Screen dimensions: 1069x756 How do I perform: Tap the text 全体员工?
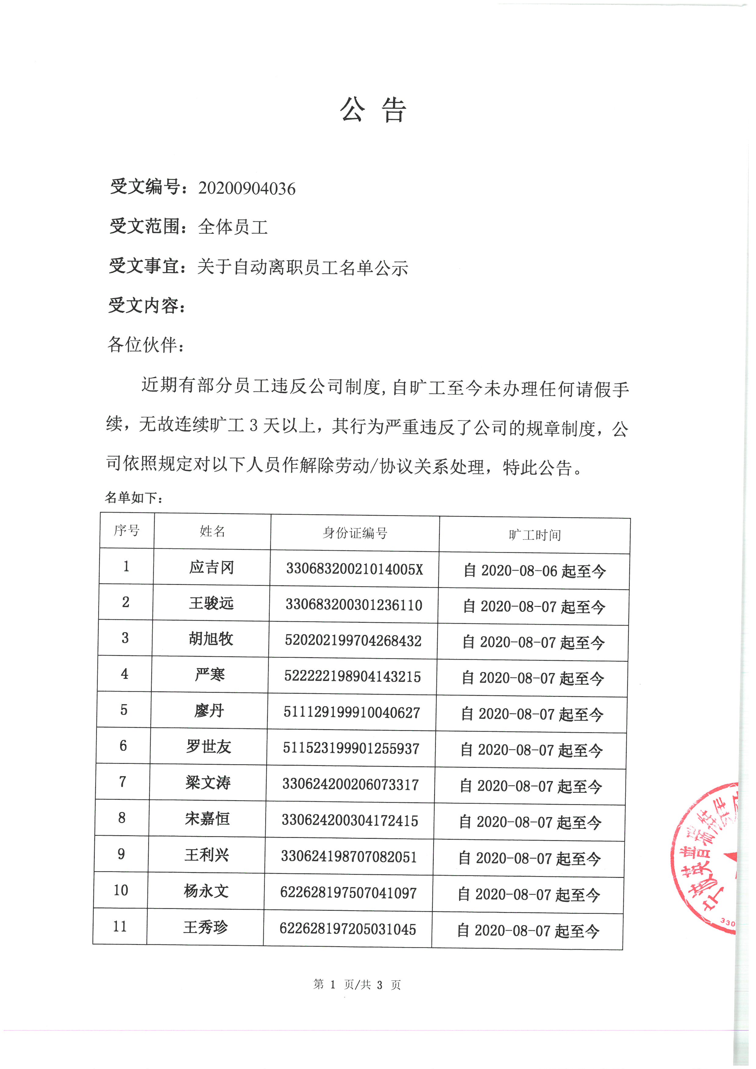click(x=233, y=227)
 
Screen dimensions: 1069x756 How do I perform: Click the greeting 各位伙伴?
click(x=145, y=345)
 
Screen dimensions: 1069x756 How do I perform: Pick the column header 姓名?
click(x=212, y=531)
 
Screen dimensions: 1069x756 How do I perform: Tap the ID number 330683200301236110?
click(x=354, y=605)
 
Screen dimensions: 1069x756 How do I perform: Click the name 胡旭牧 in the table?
click(x=211, y=639)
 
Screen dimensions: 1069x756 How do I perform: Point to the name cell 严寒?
click(x=210, y=675)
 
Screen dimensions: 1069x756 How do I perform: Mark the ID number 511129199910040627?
click(x=352, y=712)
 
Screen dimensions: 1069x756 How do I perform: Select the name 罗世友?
click(x=209, y=747)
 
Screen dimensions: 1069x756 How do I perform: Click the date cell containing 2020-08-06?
click(x=534, y=571)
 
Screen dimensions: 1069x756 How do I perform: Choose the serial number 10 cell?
click(x=121, y=890)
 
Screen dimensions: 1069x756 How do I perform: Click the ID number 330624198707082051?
click(x=349, y=856)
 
